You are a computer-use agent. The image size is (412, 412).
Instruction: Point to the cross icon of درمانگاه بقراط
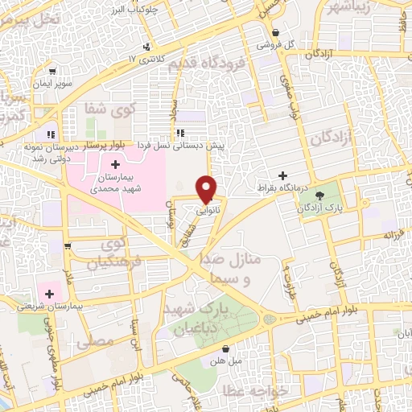point(282,175)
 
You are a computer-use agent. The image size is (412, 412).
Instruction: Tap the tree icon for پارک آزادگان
point(321,195)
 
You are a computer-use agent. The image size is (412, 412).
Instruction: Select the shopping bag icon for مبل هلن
point(226,349)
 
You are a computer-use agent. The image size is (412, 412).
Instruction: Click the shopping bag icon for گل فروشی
point(276,33)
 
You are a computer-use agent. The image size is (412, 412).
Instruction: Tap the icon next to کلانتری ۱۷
point(146,46)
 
